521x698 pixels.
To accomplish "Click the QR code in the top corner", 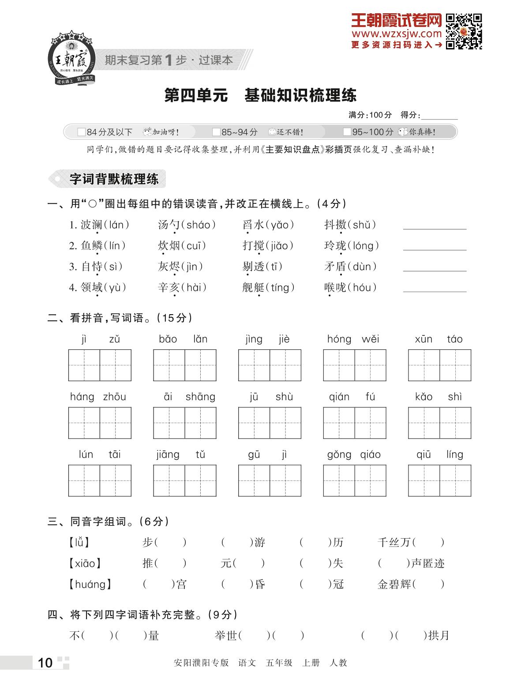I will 464,31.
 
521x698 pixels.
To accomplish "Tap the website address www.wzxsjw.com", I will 397,34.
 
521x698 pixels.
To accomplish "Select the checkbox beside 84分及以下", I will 81,132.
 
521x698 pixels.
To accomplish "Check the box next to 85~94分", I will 216,132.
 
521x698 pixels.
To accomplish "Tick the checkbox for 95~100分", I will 347,132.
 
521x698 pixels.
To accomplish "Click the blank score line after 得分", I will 439,116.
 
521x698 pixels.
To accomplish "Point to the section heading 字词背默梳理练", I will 113,179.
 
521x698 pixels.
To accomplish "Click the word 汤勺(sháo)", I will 187,225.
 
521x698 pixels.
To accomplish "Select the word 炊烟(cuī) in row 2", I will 182,246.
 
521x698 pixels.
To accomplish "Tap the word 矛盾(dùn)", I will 351,266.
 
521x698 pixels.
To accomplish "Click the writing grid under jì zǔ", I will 100,365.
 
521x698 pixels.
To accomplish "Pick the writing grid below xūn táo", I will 439,365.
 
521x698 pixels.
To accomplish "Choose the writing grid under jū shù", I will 270,423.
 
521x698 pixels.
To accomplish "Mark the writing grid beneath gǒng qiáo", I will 355,480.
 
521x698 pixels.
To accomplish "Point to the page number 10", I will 45,663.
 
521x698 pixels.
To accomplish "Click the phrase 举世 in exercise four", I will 226,636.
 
